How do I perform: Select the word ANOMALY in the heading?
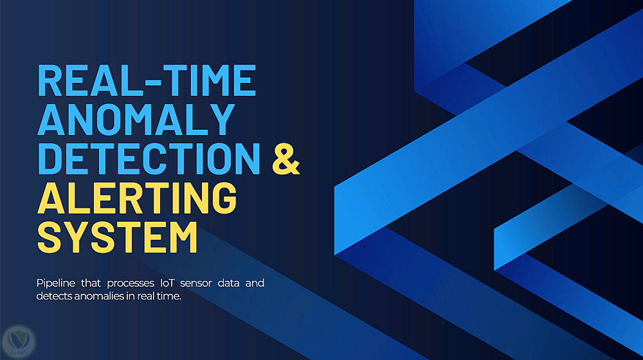(x=136, y=120)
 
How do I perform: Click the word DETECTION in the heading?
(x=149, y=159)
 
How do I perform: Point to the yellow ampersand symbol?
(x=286, y=159)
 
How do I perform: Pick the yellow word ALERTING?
(x=137, y=197)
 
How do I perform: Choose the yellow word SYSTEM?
(x=117, y=237)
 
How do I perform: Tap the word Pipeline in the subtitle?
(x=56, y=283)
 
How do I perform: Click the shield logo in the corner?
(x=19, y=341)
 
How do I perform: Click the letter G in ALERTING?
(x=224, y=197)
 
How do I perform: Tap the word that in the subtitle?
(x=91, y=283)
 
